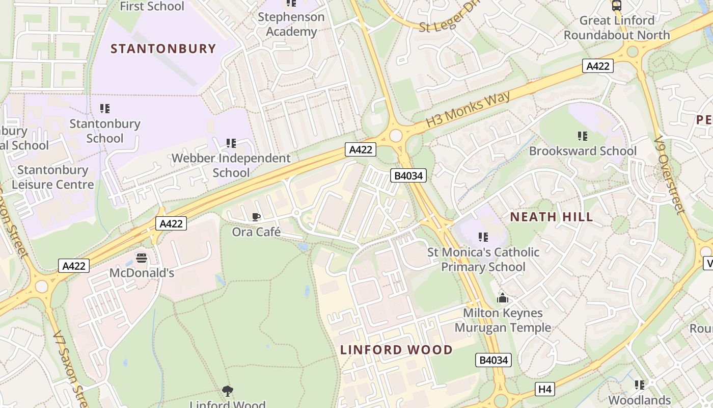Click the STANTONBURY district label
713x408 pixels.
[163, 49]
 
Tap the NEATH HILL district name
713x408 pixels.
[552, 217]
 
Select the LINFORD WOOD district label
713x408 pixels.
[396, 350]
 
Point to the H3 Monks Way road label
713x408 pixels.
[468, 110]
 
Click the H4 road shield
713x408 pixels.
[545, 390]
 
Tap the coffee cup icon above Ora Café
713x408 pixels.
[256, 217]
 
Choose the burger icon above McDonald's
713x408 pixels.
[142, 258]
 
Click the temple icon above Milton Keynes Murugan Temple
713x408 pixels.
[503, 298]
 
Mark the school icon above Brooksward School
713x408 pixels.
[583, 136]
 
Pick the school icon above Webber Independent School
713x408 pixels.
[231, 143]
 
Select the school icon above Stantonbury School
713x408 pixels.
[105, 109]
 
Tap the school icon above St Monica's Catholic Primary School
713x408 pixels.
[483, 237]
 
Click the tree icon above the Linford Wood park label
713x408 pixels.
[228, 391]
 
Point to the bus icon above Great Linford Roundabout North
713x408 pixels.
[617, 6]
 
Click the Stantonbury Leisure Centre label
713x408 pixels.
[53, 177]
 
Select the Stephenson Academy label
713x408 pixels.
[291, 24]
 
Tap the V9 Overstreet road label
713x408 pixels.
[668, 174]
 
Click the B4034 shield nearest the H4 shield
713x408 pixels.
[493, 360]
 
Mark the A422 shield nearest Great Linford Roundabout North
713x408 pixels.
[598, 66]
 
